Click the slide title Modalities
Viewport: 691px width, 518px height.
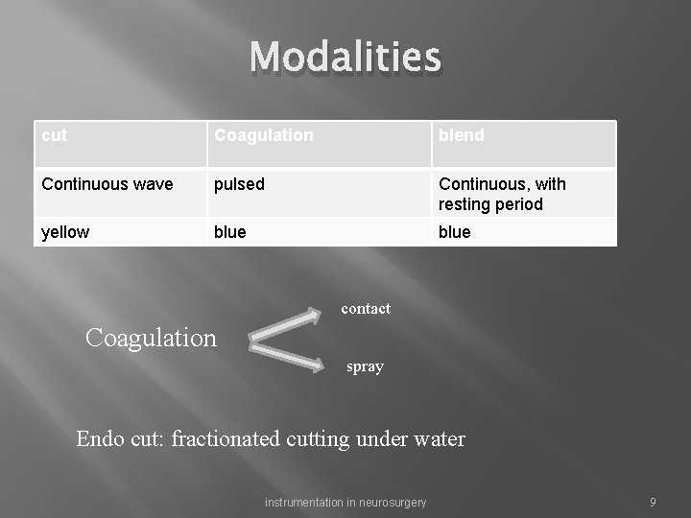tap(345, 58)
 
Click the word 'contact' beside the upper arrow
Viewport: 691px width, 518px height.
tap(366, 309)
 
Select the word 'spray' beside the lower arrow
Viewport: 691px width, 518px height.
tap(365, 366)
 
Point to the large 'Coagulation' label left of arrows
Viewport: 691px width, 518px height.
tap(151, 338)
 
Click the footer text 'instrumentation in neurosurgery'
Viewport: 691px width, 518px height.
tap(345, 503)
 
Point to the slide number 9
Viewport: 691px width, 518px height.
tap(653, 503)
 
